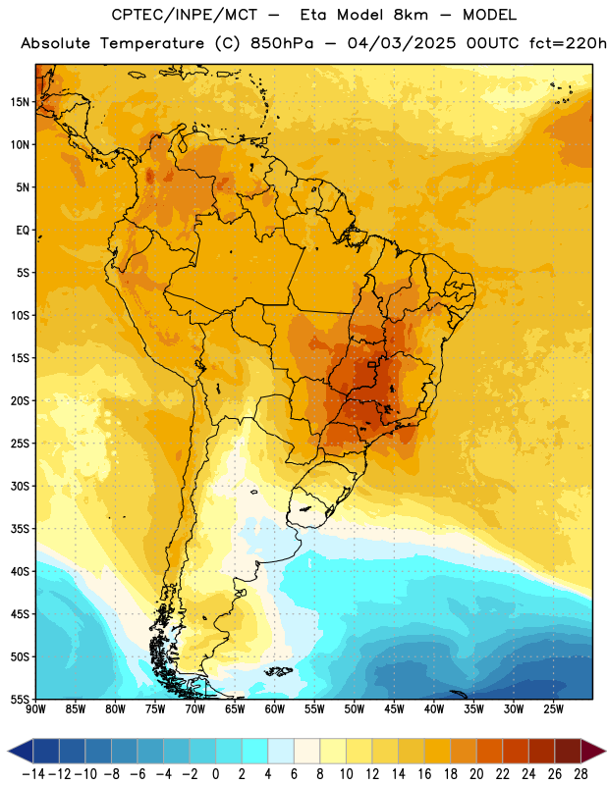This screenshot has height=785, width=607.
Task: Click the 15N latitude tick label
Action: (x=20, y=102)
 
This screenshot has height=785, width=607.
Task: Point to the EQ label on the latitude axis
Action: (x=23, y=231)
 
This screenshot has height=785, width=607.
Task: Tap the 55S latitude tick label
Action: (x=20, y=699)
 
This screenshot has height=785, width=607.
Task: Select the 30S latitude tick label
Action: (x=20, y=486)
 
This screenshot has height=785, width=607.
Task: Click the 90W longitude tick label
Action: (x=35, y=709)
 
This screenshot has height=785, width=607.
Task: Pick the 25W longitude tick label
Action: (x=553, y=709)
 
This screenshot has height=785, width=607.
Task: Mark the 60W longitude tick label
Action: (x=275, y=709)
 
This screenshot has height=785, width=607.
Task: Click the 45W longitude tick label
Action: (x=394, y=709)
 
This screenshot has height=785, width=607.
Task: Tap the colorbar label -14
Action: (x=33, y=774)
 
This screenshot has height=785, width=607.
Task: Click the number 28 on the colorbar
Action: (x=580, y=774)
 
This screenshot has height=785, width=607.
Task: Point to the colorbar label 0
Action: (x=215, y=774)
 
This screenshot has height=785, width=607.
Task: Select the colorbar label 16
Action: (x=424, y=774)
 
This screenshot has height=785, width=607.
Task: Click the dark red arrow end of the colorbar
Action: (x=593, y=751)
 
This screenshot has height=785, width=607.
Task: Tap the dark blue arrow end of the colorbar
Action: (x=21, y=751)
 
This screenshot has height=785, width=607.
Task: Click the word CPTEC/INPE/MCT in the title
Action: (x=185, y=15)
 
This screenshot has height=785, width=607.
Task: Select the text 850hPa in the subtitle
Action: (x=282, y=43)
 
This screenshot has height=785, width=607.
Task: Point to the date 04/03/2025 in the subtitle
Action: (x=402, y=43)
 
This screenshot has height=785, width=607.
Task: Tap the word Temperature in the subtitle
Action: (x=152, y=44)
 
